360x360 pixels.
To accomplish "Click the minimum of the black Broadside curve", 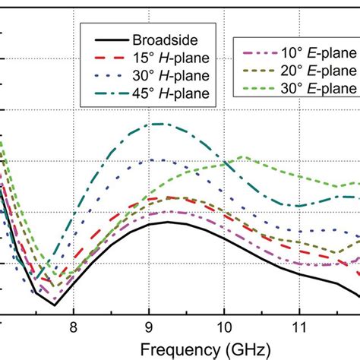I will tap(55, 305).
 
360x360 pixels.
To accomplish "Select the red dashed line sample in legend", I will tap(110, 58).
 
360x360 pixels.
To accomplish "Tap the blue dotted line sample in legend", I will tap(110, 76).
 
